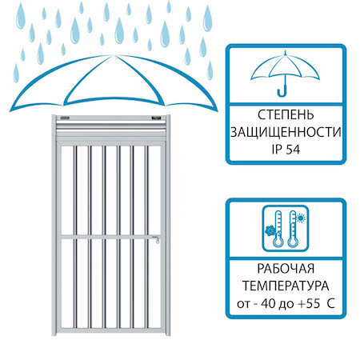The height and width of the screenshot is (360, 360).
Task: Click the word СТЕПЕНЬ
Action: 286,115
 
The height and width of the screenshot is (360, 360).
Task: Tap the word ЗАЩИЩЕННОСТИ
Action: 286,132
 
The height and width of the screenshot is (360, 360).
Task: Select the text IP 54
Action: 286,150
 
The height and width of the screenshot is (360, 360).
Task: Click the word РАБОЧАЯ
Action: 286,269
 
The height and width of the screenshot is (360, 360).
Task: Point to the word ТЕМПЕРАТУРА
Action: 286,286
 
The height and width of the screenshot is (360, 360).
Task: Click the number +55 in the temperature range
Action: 309,303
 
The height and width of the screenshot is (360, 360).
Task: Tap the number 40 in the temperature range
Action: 268,303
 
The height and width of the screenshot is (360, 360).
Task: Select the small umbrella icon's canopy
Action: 285,66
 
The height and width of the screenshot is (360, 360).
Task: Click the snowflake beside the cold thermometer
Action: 270,230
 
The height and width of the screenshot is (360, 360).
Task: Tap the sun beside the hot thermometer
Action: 301,218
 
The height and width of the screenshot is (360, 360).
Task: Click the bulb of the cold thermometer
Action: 278,242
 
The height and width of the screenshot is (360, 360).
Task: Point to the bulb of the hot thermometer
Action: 293,242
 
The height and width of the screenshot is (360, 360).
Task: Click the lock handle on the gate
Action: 157,239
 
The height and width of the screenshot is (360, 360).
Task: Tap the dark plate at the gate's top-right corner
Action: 156,118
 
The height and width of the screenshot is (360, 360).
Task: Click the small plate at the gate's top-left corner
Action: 65,118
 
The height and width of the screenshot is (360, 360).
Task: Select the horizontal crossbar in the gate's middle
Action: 110,237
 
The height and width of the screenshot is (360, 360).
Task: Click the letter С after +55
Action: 330,303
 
